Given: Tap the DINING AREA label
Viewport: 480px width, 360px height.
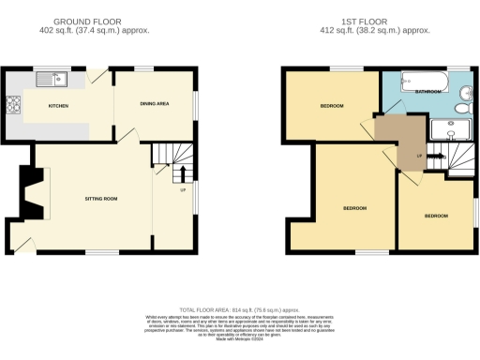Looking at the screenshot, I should [154, 104].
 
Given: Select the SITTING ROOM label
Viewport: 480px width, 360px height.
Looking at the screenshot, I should [101, 198].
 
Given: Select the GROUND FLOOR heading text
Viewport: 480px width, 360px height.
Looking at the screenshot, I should [91, 21].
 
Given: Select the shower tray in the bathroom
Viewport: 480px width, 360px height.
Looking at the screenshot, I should [450, 131].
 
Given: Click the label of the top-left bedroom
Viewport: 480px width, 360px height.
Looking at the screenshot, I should [332, 106].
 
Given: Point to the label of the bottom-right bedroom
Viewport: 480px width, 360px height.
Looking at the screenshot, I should [436, 217].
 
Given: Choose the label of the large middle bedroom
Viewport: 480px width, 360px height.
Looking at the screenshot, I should [354, 207].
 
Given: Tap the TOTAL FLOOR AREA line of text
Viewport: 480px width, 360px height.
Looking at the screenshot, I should [238, 308].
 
